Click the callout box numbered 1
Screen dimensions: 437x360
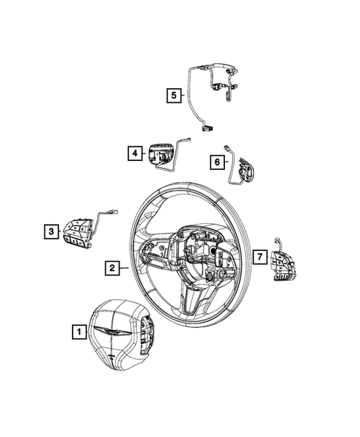tap(77, 333)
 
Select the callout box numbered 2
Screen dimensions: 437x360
tap(110, 269)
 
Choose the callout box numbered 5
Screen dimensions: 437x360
tap(172, 94)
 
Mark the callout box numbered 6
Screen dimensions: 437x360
tap(217, 162)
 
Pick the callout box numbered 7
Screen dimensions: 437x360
tap(259, 257)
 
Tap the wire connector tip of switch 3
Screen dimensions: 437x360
tap(116, 211)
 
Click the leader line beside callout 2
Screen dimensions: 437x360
tap(123, 269)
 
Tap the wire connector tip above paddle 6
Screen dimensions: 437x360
tap(227, 151)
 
